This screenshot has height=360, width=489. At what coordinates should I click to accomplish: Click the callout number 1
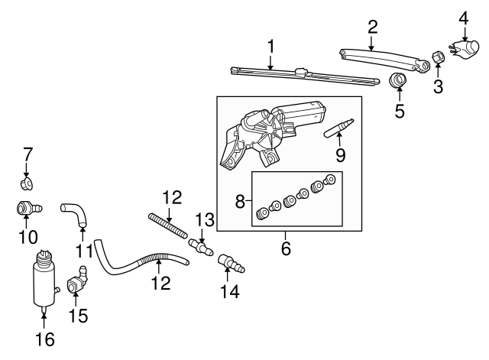pos(270,47)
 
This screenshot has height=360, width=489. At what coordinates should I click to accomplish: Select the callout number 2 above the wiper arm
pos(372,27)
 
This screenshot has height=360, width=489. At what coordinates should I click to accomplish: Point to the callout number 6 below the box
pos(286,248)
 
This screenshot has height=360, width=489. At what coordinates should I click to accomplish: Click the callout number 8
pos(240,203)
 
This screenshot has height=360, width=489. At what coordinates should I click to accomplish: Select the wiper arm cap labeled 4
pos(464,48)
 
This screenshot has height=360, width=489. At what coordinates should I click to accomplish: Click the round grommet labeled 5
pos(397,81)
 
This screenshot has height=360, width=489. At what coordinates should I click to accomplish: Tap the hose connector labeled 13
pos(202,248)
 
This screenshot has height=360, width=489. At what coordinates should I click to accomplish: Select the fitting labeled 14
pos(230,262)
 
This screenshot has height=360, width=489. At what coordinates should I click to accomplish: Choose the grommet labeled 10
pos(28,207)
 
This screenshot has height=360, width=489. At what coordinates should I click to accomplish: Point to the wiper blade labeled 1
pos(306,75)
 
